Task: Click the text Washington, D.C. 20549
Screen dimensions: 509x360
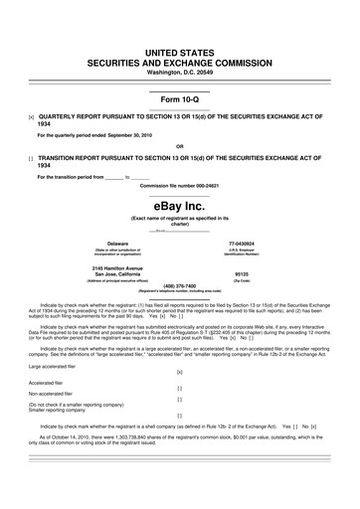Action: click(179, 73)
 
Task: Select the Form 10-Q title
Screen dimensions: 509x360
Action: click(179, 99)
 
